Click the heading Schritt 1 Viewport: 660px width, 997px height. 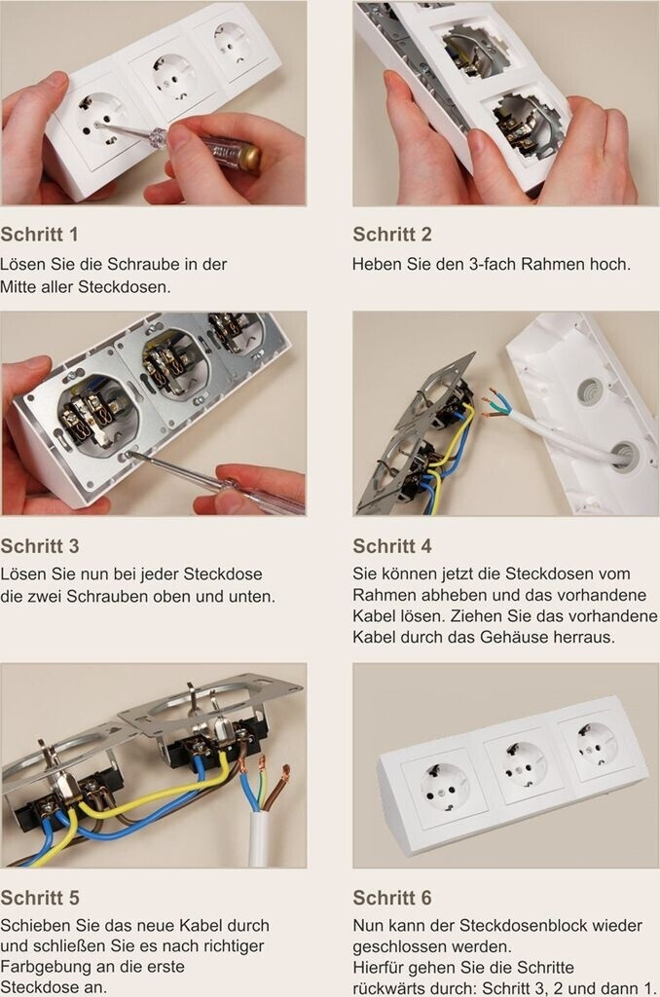click(39, 234)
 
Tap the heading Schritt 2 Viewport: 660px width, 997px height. click(392, 234)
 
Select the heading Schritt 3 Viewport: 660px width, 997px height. click(39, 545)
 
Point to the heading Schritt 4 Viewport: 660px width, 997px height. click(392, 545)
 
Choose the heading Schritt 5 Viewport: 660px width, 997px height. click(39, 897)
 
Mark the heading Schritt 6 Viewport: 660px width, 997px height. click(392, 897)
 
